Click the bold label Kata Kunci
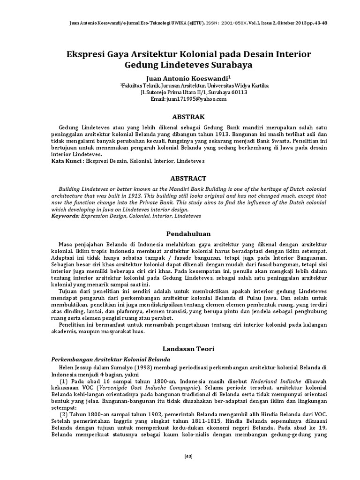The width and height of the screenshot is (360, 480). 66,161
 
